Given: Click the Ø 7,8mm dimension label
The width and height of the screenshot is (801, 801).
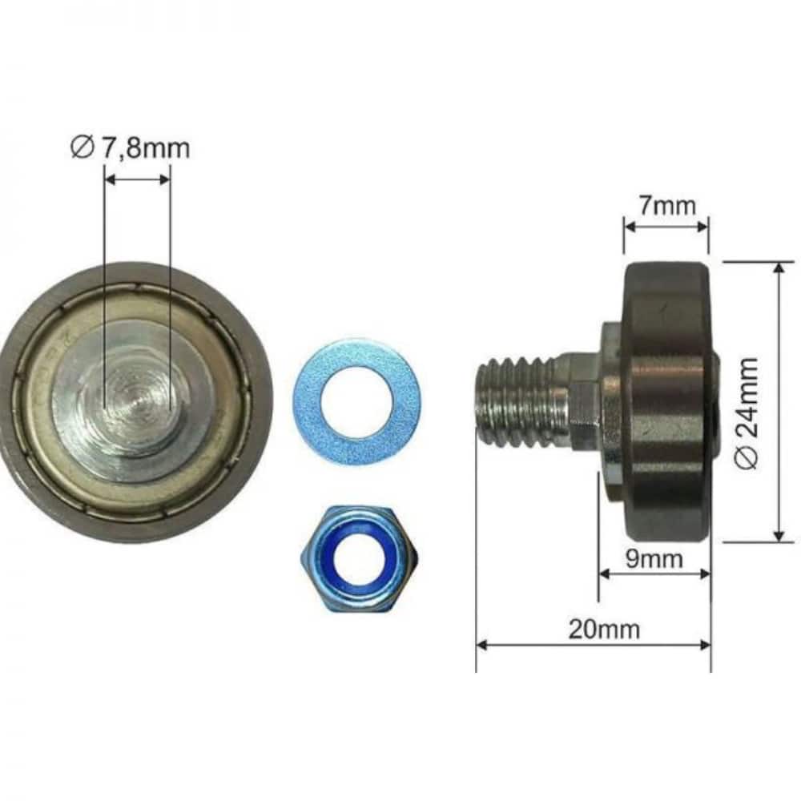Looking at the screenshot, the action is [x=130, y=147].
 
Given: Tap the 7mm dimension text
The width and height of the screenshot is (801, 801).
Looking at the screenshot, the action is [x=666, y=205].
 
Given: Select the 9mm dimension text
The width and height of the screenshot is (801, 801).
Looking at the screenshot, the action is [x=654, y=559].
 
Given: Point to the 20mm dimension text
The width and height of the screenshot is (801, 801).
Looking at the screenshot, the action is [x=604, y=629].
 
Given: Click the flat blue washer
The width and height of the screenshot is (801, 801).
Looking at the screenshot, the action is [x=357, y=401].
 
